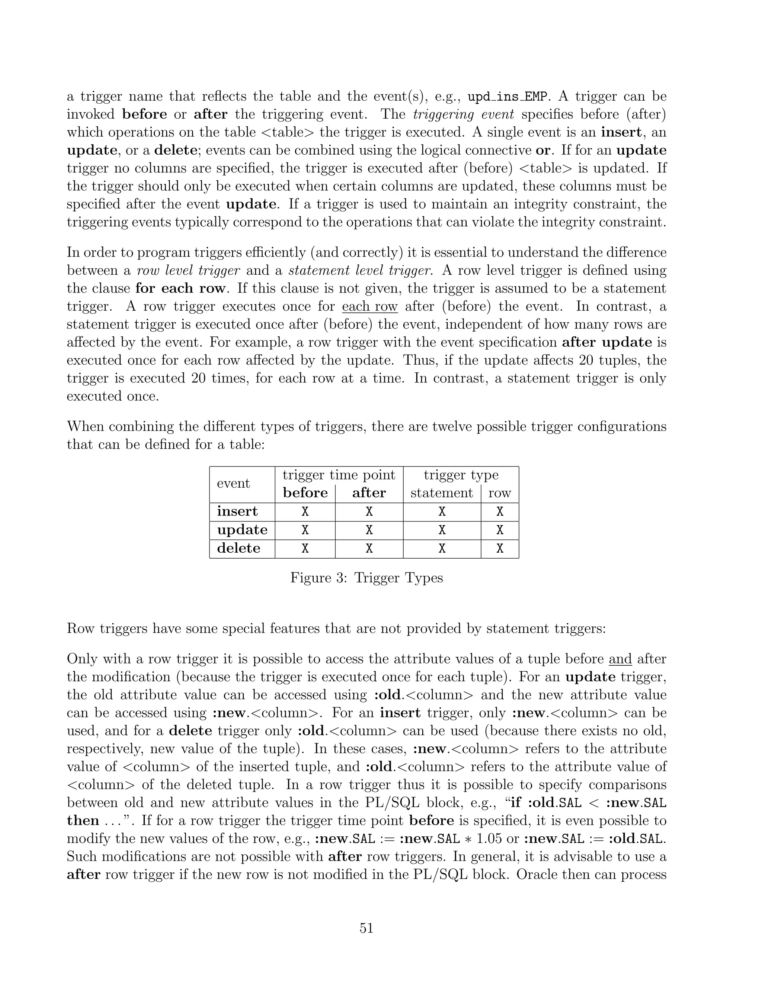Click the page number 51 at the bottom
[x=366, y=928]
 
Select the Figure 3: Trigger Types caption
[x=366, y=577]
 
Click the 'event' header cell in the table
[x=233, y=484]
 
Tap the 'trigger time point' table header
[x=339, y=475]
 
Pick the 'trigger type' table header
[x=461, y=475]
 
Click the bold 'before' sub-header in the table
[x=305, y=492]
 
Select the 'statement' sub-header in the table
[x=442, y=493]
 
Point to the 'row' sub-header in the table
[x=499, y=493]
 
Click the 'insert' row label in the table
[x=237, y=511]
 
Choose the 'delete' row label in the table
[x=238, y=548]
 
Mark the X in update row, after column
[x=369, y=530]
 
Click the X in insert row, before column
[x=305, y=511]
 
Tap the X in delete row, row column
[x=500, y=548]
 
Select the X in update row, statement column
[x=442, y=530]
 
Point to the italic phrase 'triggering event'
[x=463, y=114]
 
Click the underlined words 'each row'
[x=370, y=306]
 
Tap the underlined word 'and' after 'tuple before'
[x=620, y=659]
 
